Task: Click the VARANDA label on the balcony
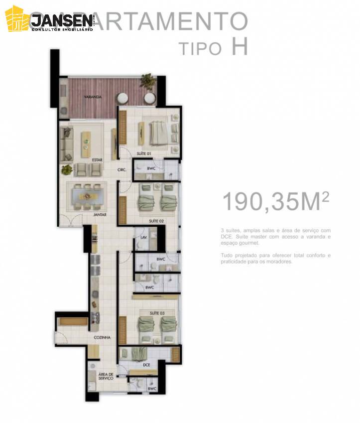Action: click(93, 98)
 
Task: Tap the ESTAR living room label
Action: click(97, 159)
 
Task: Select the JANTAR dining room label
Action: click(100, 215)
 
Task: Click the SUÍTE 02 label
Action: click(156, 220)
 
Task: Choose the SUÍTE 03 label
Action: click(156, 313)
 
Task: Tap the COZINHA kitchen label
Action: click(102, 337)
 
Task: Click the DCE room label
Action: click(146, 365)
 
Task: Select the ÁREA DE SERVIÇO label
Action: click(106, 376)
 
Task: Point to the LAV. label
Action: click(142, 238)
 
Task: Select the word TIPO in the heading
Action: click(200, 48)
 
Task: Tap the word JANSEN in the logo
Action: click(61, 20)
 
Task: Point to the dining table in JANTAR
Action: click(88, 196)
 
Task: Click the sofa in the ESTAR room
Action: click(66, 144)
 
